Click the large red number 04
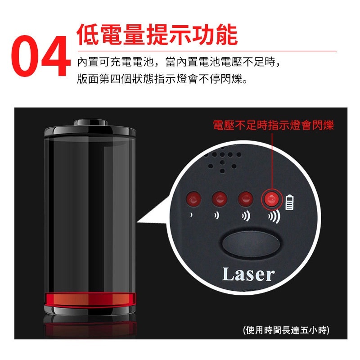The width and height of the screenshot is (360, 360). coord(41,56)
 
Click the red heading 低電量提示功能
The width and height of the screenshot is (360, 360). coord(157,35)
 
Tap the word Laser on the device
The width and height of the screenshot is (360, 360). coord(248,274)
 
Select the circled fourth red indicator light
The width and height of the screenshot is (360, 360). coord(272,199)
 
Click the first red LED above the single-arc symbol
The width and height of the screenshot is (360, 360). coord(193,199)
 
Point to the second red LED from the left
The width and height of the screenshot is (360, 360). coord(220,199)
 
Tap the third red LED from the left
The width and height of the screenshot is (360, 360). coord(245,199)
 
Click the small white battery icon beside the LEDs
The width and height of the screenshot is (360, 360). coord(289,202)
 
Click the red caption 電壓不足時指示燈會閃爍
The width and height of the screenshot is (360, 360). coord(273,126)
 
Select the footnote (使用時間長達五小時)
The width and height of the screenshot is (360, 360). coord(286,330)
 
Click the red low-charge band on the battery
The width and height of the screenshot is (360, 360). coord(90,300)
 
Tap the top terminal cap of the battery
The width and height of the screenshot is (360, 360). coord(91,122)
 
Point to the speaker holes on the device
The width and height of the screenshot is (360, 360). coord(223,161)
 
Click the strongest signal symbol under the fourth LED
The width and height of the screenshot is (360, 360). coord(274,216)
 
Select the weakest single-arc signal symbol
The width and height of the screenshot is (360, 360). coord(191,215)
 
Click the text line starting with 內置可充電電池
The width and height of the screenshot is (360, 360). coord(179,62)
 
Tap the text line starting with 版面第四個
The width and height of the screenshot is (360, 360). coord(162,79)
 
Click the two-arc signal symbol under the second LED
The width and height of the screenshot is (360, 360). coord(217,216)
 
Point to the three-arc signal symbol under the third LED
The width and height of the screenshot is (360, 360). coord(246,216)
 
